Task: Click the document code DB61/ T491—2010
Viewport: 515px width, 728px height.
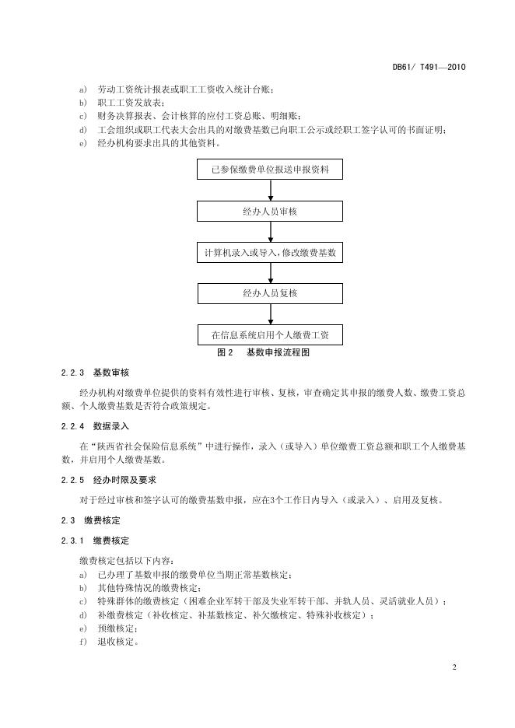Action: (428, 68)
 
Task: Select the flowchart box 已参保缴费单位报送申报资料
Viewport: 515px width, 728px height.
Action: (270, 170)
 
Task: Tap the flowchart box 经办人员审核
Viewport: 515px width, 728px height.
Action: (270, 212)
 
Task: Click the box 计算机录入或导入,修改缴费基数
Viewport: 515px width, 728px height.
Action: (270, 253)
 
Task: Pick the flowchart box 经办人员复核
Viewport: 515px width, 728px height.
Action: (270, 294)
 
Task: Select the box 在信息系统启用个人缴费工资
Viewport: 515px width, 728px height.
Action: (270, 335)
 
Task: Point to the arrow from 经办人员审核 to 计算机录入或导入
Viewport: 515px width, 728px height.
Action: (271, 232)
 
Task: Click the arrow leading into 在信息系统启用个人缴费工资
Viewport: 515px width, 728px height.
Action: (271, 314)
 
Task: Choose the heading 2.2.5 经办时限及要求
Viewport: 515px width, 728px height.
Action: (108, 480)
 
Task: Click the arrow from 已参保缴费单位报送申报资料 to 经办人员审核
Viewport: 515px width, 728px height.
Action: (271, 191)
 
